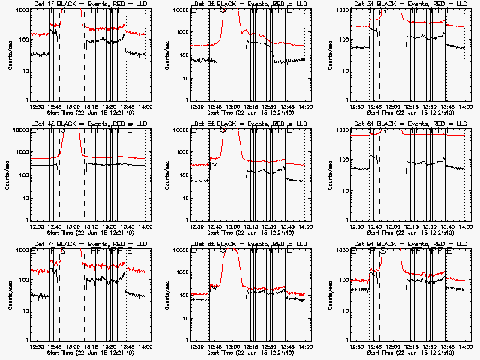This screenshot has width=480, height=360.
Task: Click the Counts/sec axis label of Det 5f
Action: (x=167, y=174)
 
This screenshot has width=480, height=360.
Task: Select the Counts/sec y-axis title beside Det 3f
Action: (x=328, y=54)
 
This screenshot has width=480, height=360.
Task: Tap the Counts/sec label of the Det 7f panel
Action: (x=7, y=294)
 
